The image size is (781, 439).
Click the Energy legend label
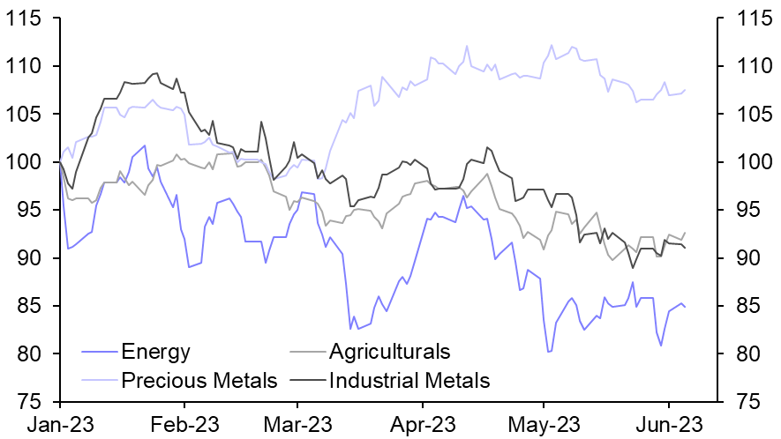tap(156, 353)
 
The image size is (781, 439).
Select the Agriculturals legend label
tap(389, 353)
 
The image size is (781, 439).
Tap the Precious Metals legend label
tap(199, 381)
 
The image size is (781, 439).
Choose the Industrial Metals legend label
tap(409, 381)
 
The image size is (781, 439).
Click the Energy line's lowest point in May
tap(549, 352)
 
